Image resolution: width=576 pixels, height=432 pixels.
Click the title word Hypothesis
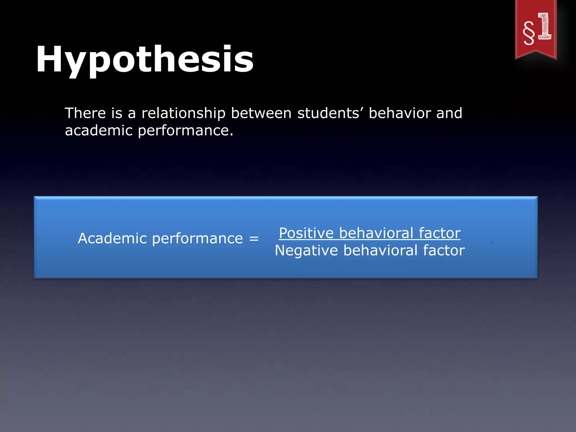click(145, 60)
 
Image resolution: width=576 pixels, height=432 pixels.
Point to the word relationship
click(183, 114)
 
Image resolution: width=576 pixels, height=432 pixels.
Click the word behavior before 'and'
click(400, 113)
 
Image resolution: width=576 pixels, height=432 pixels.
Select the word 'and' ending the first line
click(449, 113)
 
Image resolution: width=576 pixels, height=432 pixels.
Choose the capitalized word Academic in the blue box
click(112, 238)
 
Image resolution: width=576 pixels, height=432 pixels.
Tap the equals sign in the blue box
click(254, 238)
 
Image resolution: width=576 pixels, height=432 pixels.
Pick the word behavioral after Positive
click(376, 233)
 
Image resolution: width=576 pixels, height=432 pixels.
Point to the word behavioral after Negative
click(381, 250)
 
